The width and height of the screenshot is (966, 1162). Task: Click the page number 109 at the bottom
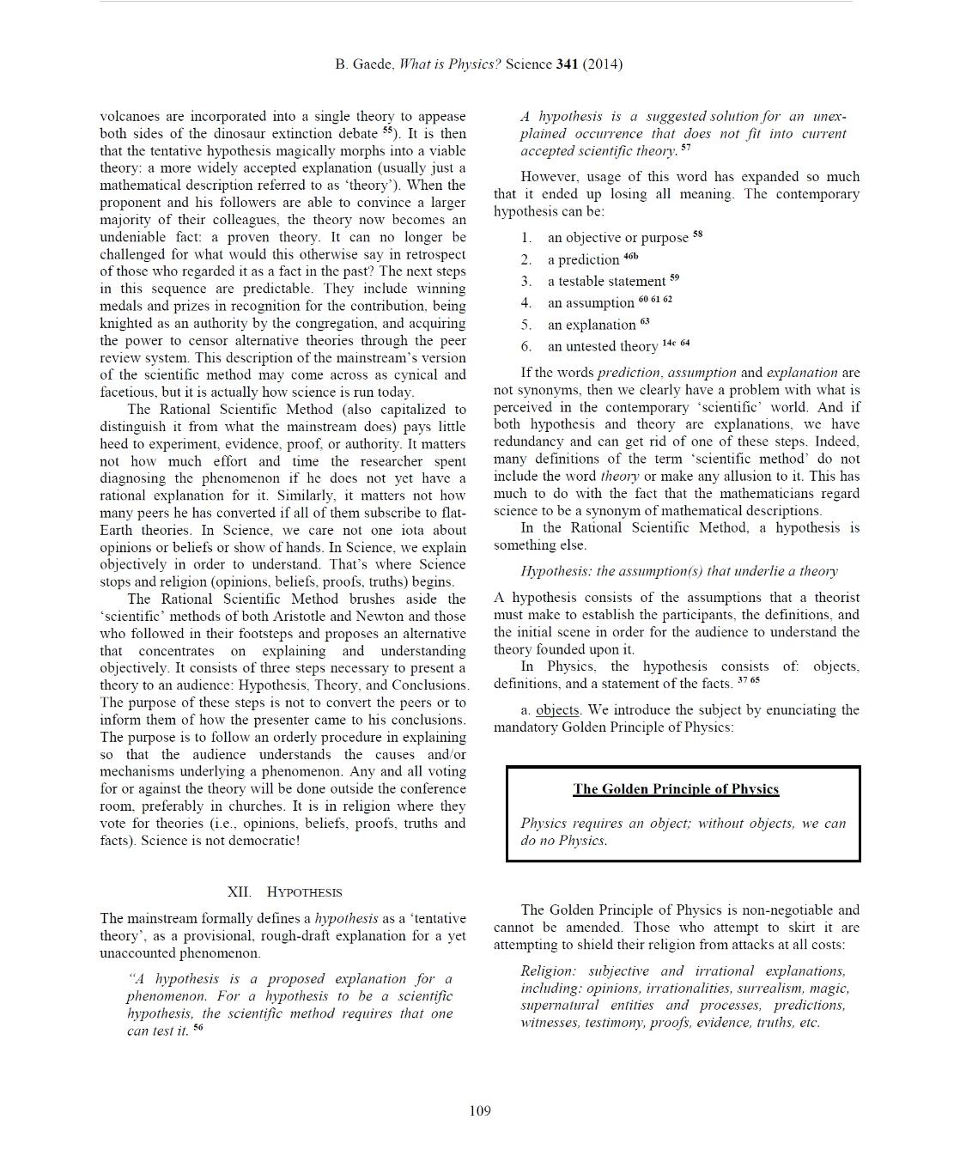pyautogui.click(x=480, y=1111)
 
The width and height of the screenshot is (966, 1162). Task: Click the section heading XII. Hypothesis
pyautogui.click(x=284, y=892)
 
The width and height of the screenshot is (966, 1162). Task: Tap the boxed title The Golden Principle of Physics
pyautogui.click(x=676, y=789)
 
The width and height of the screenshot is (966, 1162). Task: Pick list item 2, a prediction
pyautogui.click(x=583, y=259)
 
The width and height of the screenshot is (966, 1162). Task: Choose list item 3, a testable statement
pyautogui.click(x=606, y=281)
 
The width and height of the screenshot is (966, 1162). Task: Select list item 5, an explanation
pyautogui.click(x=592, y=325)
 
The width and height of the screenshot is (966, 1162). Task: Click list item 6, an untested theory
pyautogui.click(x=602, y=346)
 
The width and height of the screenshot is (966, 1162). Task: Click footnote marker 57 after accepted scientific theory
pyautogui.click(x=685, y=148)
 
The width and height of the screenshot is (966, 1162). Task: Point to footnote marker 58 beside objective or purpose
pyautogui.click(x=697, y=234)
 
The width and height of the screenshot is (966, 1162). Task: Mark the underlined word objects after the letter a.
pyautogui.click(x=558, y=710)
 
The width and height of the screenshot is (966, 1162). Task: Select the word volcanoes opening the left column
pyautogui.click(x=130, y=117)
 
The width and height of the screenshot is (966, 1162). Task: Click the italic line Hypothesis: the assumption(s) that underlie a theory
pyautogui.click(x=678, y=571)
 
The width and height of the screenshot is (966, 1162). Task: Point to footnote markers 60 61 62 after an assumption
pyautogui.click(x=655, y=299)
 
